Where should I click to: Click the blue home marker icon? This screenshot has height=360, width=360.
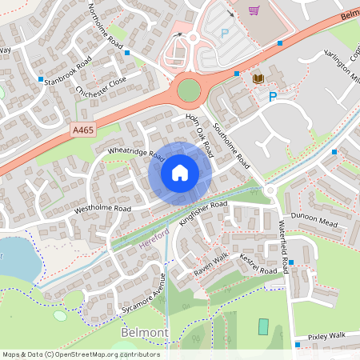[x=180, y=172]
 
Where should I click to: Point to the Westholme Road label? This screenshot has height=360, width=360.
[x=102, y=208]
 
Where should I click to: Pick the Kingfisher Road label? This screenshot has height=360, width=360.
[x=204, y=214]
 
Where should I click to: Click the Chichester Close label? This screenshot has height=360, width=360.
[x=102, y=86]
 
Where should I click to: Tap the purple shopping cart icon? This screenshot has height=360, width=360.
[x=254, y=10]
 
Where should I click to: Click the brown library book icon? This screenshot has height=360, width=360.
[x=258, y=78]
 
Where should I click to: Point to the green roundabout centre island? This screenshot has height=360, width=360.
[x=189, y=90]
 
